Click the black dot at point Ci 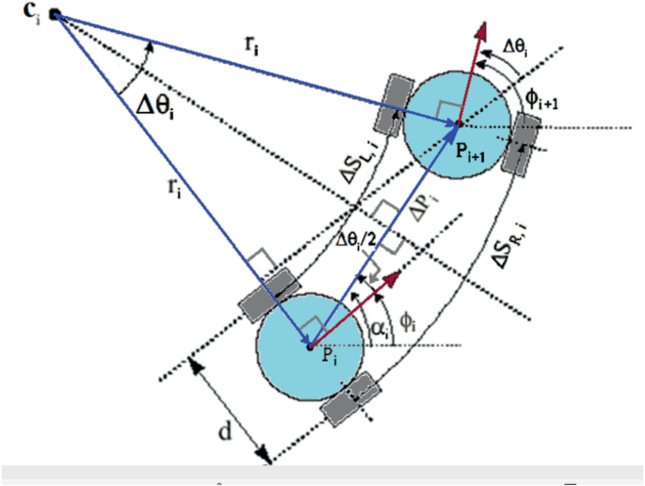coord(55,13)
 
